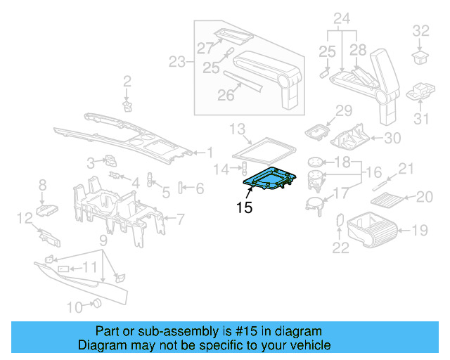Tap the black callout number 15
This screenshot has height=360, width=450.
click(244, 207)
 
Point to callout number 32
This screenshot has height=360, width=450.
click(420, 30)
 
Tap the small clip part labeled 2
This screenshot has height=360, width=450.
click(127, 105)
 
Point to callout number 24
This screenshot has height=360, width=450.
click(342, 17)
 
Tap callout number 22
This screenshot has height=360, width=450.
click(340, 247)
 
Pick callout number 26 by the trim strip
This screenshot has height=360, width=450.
click(225, 94)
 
